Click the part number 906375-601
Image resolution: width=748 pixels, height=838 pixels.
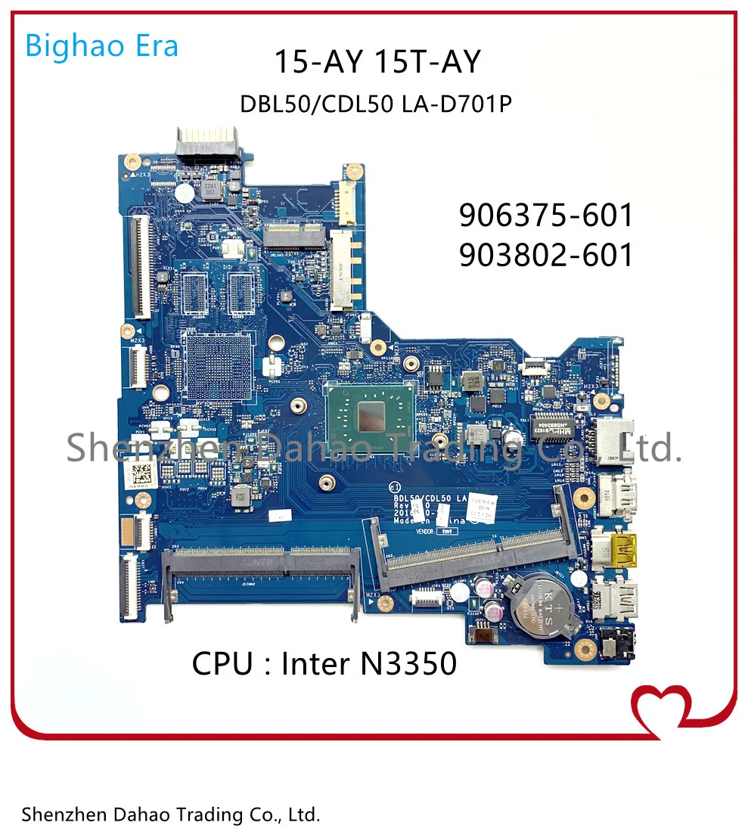(x=546, y=216)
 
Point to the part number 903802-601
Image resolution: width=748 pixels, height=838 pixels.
(x=546, y=256)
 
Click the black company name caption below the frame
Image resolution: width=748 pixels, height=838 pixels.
(x=171, y=815)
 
